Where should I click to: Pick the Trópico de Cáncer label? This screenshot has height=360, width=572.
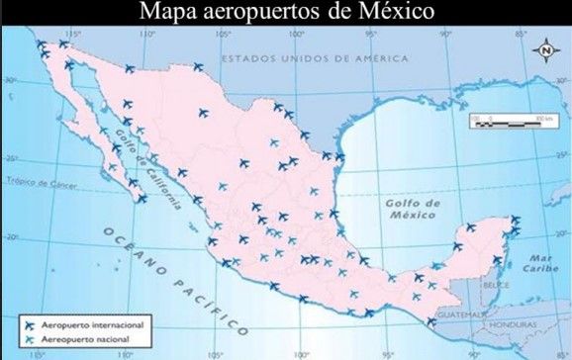42,182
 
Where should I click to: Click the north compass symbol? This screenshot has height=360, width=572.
545,50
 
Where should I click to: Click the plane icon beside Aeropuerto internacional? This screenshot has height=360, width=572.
29,323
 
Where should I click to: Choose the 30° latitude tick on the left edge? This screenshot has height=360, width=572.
9,78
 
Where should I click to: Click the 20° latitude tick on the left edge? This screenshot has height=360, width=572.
9,237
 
